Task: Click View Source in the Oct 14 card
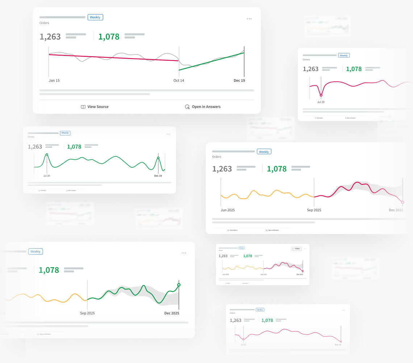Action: pyautogui.click(x=95, y=107)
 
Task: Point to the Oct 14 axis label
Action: pyautogui.click(x=179, y=81)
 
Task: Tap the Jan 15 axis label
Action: pyautogui.click(x=54, y=81)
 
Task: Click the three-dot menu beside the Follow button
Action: pyautogui.click(x=305, y=249)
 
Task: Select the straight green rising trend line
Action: pyautogui.click(x=212, y=62)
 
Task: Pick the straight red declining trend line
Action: pyautogui.click(x=114, y=57)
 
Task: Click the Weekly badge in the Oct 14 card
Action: pyautogui.click(x=95, y=17)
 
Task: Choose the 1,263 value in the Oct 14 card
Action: pyautogui.click(x=50, y=37)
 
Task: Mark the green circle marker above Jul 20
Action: pyautogui.click(x=47, y=155)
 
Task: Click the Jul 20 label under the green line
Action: pyautogui.click(x=47, y=176)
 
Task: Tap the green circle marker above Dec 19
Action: pyautogui.click(x=158, y=158)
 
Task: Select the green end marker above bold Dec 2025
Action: pyautogui.click(x=179, y=285)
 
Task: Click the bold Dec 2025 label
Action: pyautogui.click(x=172, y=313)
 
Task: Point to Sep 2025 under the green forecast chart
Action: pyautogui.click(x=87, y=313)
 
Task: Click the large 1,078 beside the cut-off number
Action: pyautogui.click(x=49, y=270)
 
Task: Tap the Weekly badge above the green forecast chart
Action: pyautogui.click(x=36, y=252)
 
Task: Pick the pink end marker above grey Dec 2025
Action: pyautogui.click(x=402, y=202)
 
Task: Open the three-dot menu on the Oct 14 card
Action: pyautogui.click(x=249, y=19)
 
